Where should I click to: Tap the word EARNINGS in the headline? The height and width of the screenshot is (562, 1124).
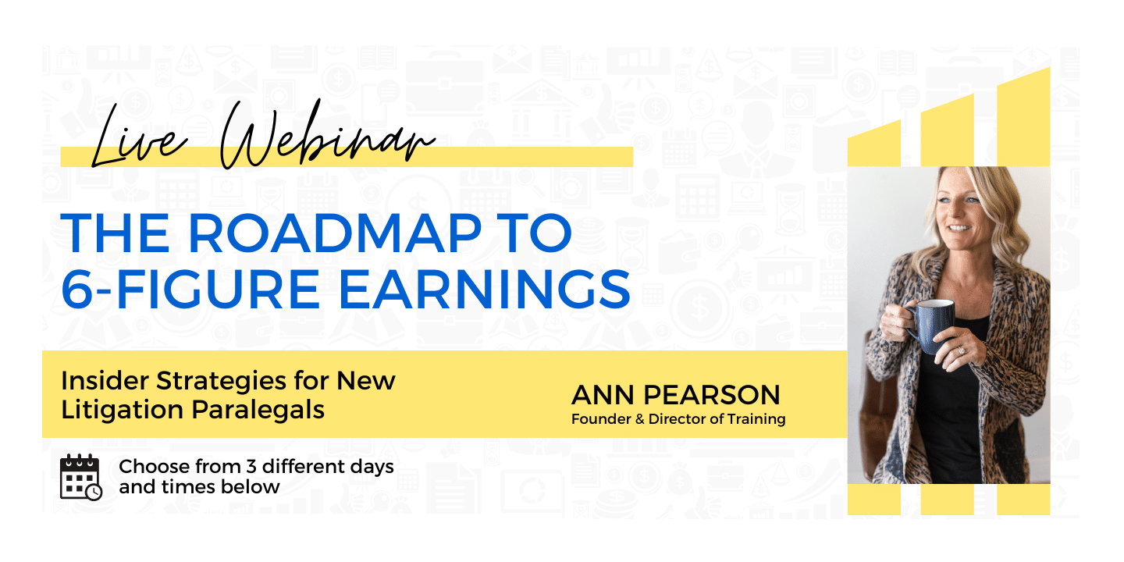coord(484,290)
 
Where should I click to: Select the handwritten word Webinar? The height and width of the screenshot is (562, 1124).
coord(327,134)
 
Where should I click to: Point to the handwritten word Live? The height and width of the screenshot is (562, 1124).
coord(139,137)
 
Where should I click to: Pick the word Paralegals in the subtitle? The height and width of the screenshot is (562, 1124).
coord(258,410)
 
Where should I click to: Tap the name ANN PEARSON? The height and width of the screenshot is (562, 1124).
coord(676,395)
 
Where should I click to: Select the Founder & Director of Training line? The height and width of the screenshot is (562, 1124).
coord(678,419)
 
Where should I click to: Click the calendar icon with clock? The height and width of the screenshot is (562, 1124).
coord(81,477)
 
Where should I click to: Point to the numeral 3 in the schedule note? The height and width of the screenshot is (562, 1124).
coord(251,467)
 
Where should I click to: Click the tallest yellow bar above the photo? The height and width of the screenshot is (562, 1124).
coord(1023,116)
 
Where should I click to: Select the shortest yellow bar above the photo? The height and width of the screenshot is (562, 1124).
coord(874,144)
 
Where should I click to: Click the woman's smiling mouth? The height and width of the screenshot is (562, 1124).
coord(959,228)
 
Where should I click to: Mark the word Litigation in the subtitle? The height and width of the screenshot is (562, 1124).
coord(123,410)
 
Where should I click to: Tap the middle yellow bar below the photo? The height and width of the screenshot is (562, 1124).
coord(948,500)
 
